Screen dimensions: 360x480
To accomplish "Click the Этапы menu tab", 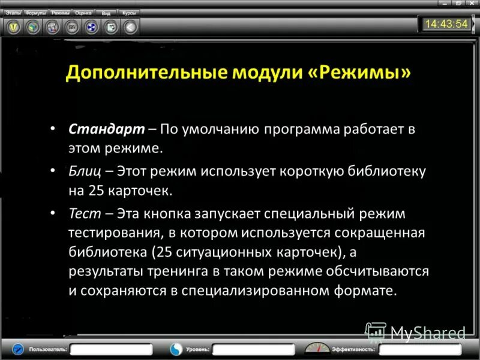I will coord(13,12).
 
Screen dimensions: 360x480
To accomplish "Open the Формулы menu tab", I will coord(35,12).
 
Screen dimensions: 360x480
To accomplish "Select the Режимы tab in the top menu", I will coord(60,12).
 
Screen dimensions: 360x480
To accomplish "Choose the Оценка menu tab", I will coord(83,12).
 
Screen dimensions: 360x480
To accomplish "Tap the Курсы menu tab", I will coord(128,12).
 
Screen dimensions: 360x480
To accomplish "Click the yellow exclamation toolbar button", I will coord(13,27).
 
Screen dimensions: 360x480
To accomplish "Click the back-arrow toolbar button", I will coord(130,27).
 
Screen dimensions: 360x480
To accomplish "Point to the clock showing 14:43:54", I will coord(445,24).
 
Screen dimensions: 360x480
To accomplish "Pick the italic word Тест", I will coord(81,214).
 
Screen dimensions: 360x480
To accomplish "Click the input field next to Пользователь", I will coord(112,349).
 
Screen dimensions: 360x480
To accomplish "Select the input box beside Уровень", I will coord(253,349).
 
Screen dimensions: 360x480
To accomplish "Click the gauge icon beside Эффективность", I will coord(317,348).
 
